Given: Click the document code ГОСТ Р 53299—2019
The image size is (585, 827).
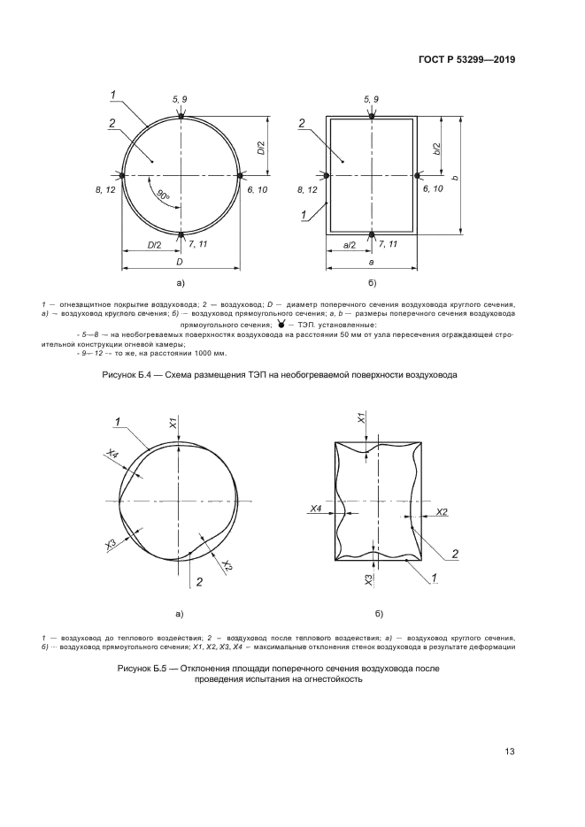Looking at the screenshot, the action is pos(466,59).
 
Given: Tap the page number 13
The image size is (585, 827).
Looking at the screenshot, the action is pos(510,752).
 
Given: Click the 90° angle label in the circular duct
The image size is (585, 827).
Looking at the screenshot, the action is pos(163,195).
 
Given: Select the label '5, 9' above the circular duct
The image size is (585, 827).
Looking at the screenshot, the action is pos(180,99).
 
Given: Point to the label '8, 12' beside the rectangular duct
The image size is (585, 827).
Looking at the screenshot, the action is pos(307,190).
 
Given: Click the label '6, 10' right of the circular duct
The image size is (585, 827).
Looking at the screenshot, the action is pos(257,189).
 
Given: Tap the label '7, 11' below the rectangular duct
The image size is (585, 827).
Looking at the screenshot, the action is pos(388,244).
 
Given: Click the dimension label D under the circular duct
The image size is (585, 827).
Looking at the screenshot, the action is pos(180,262).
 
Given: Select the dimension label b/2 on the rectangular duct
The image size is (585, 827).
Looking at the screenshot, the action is pos(436,148).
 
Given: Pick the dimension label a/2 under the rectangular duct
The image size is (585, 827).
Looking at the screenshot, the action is pos(350,245).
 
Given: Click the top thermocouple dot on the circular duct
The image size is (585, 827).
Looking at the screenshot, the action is pos(181,116).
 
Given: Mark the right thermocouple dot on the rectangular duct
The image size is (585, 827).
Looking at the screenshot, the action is pos(417,175).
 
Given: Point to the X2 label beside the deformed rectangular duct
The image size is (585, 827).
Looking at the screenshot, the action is pos(442,512).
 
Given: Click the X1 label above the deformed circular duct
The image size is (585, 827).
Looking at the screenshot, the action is pos(173,423).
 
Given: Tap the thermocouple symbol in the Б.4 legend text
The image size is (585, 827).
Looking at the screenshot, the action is pos(281,324).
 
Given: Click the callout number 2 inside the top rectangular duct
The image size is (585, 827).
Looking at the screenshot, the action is pos(301,124).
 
